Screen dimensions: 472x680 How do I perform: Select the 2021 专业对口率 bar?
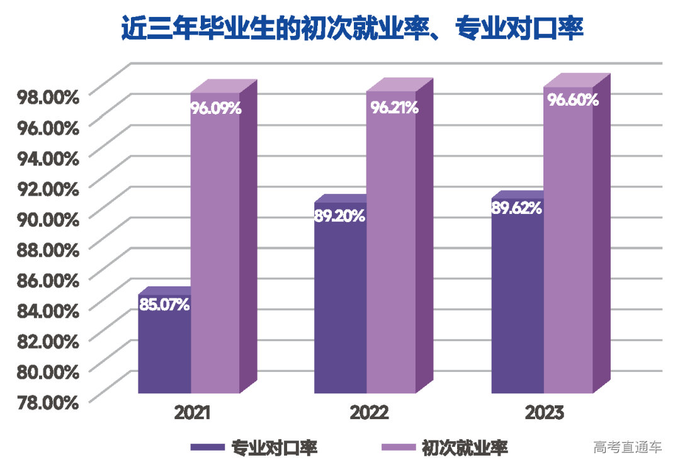tap(164, 352)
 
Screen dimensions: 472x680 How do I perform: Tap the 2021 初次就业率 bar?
tap(215, 252)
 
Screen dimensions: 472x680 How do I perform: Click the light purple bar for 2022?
tap(391, 252)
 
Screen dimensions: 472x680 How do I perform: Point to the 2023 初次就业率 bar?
tap(569, 252)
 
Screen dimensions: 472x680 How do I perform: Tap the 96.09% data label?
tap(216, 108)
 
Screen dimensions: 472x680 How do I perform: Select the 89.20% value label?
tap(339, 216)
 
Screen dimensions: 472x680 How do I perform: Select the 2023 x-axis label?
tap(545, 413)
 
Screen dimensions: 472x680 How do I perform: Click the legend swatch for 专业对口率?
tap(207, 447)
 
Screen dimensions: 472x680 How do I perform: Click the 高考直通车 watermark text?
tap(628, 447)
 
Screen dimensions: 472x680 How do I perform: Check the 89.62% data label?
tap(517, 208)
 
